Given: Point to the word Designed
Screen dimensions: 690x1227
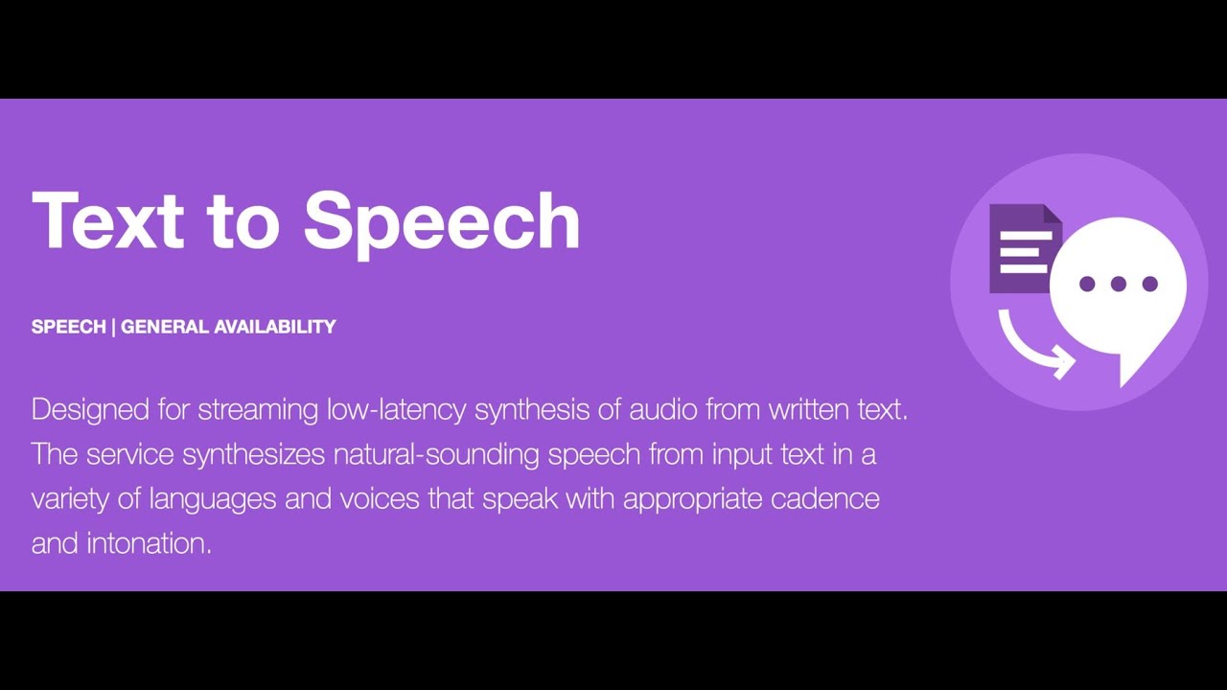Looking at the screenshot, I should pyautogui.click(x=91, y=410).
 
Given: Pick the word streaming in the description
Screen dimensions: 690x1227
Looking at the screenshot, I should pyautogui.click(x=258, y=410).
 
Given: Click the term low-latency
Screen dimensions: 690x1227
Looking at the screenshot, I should pyautogui.click(x=396, y=409).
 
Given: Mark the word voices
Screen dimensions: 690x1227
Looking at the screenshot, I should pyautogui.click(x=380, y=498).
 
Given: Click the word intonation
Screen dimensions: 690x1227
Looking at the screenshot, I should pyautogui.click(x=149, y=543).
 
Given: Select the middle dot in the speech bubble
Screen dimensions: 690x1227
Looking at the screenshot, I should pyautogui.click(x=1119, y=284).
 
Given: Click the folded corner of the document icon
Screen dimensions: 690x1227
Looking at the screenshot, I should pyautogui.click(x=1053, y=215).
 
